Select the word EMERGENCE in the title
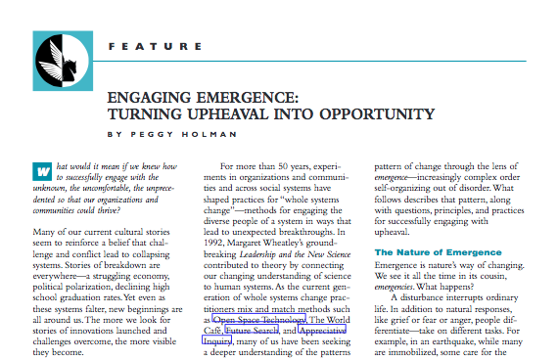pyautogui.click(x=253, y=97)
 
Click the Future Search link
pyautogui.click(x=253, y=331)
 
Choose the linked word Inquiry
pyautogui.click(x=216, y=342)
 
